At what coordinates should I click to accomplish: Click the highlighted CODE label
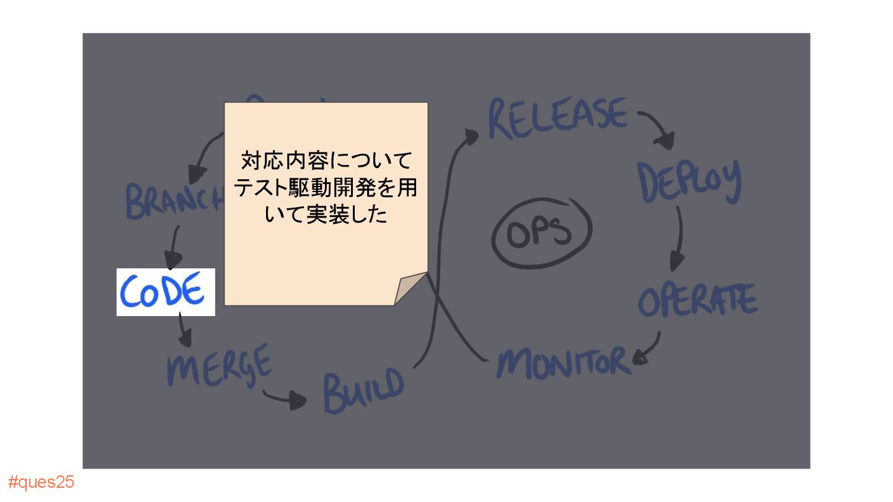tap(166, 292)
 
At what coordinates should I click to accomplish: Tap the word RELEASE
tap(558, 118)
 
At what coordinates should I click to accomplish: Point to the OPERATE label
tap(698, 301)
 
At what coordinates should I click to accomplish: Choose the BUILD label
tap(363, 390)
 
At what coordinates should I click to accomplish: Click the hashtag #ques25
tap(42, 482)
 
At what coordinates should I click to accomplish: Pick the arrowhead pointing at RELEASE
tap(471, 136)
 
